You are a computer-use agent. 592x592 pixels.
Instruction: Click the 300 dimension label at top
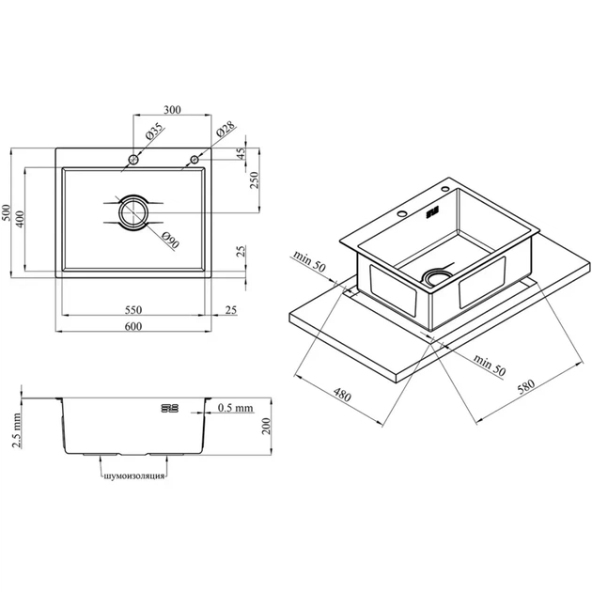172,110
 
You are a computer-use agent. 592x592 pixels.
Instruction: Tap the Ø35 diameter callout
155,132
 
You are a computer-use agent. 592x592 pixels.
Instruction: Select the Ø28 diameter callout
226,129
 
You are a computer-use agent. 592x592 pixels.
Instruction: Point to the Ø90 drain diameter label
170,241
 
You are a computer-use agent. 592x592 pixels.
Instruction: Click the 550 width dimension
133,310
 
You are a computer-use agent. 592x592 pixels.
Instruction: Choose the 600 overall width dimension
133,326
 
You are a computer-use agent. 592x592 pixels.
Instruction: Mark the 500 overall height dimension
6,212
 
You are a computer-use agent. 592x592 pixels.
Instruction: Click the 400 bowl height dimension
20,219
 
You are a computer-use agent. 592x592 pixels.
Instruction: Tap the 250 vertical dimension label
255,180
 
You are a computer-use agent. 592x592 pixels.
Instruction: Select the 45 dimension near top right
241,153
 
